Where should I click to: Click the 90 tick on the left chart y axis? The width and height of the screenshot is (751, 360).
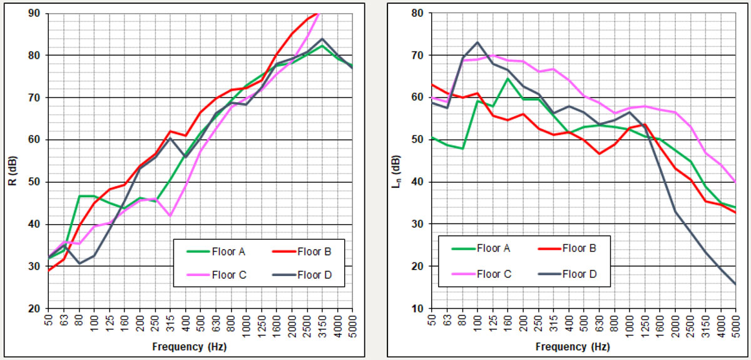coord(35,13)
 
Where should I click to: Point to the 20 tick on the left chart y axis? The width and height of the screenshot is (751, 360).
coord(35,309)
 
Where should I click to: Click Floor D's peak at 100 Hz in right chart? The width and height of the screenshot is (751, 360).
coord(478,43)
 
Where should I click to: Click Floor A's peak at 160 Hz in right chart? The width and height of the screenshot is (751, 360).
coord(508,78)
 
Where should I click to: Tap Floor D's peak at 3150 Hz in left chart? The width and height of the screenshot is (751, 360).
coord(322,39)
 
